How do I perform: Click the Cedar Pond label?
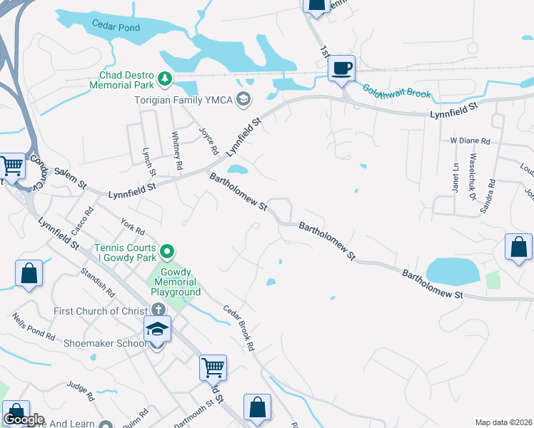(x=116, y=26)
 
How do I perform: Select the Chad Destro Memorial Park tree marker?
(x=166, y=78)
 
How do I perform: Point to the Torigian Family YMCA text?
(x=184, y=99)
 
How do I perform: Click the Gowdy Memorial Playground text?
(x=176, y=282)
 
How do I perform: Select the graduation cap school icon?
(x=157, y=330)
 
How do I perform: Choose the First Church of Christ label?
(x=100, y=311)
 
